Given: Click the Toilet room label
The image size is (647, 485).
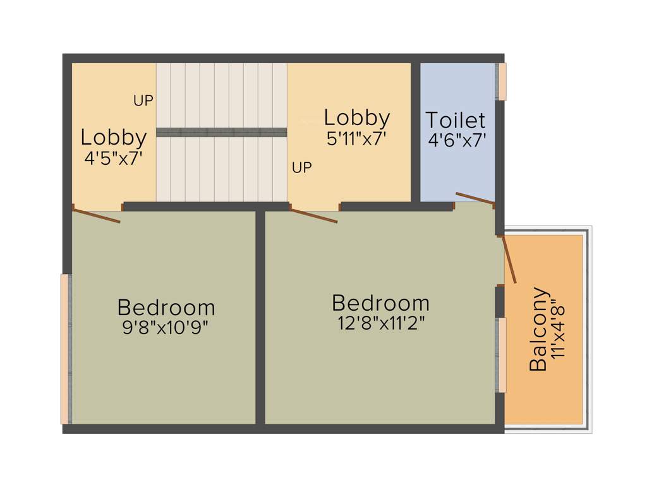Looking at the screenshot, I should pos(456,120).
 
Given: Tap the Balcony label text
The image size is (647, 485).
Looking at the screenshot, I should pos(538,329).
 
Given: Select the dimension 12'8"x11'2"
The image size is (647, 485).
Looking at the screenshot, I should pos(380,323).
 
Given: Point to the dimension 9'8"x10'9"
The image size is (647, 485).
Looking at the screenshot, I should pos(166,328).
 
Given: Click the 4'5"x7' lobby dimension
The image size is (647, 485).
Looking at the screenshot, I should pos(114,157).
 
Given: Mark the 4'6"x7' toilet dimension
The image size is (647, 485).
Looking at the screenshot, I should pos(457,140).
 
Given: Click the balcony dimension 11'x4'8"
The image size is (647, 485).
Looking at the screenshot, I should pos(557,332).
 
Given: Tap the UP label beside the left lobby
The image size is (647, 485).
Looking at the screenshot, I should pos(143,100).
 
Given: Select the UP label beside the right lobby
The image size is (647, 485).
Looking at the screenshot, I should pos(302,168).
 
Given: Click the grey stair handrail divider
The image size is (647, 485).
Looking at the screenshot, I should pos(221,132).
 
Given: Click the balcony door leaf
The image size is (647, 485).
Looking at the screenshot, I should pos(509,259).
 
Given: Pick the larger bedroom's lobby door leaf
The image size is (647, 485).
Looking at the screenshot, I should pos(314,215).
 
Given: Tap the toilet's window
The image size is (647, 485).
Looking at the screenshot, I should pos(502,81).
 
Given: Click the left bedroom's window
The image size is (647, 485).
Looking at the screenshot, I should pos(65,349).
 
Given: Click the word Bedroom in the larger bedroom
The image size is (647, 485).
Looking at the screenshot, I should pos(380,303).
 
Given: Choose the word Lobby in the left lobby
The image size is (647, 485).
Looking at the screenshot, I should pos(114,137).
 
